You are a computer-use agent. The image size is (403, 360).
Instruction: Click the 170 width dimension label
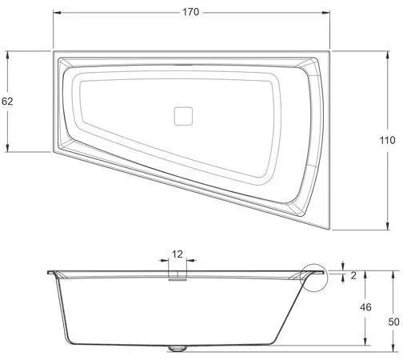click(x=191, y=12)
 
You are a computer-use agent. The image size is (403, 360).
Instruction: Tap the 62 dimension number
click(x=7, y=102)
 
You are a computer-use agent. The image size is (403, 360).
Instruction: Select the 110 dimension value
click(x=387, y=140)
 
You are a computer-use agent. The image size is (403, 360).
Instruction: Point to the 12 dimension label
click(x=178, y=254)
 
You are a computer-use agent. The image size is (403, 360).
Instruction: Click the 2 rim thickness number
click(x=353, y=275)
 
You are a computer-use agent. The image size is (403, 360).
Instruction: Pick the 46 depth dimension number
click(x=365, y=307)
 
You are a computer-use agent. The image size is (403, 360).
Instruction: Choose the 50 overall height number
click(x=393, y=322)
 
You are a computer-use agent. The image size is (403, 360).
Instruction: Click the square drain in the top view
click(x=183, y=116)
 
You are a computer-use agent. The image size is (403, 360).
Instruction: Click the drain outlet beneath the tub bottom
click(x=178, y=348)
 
